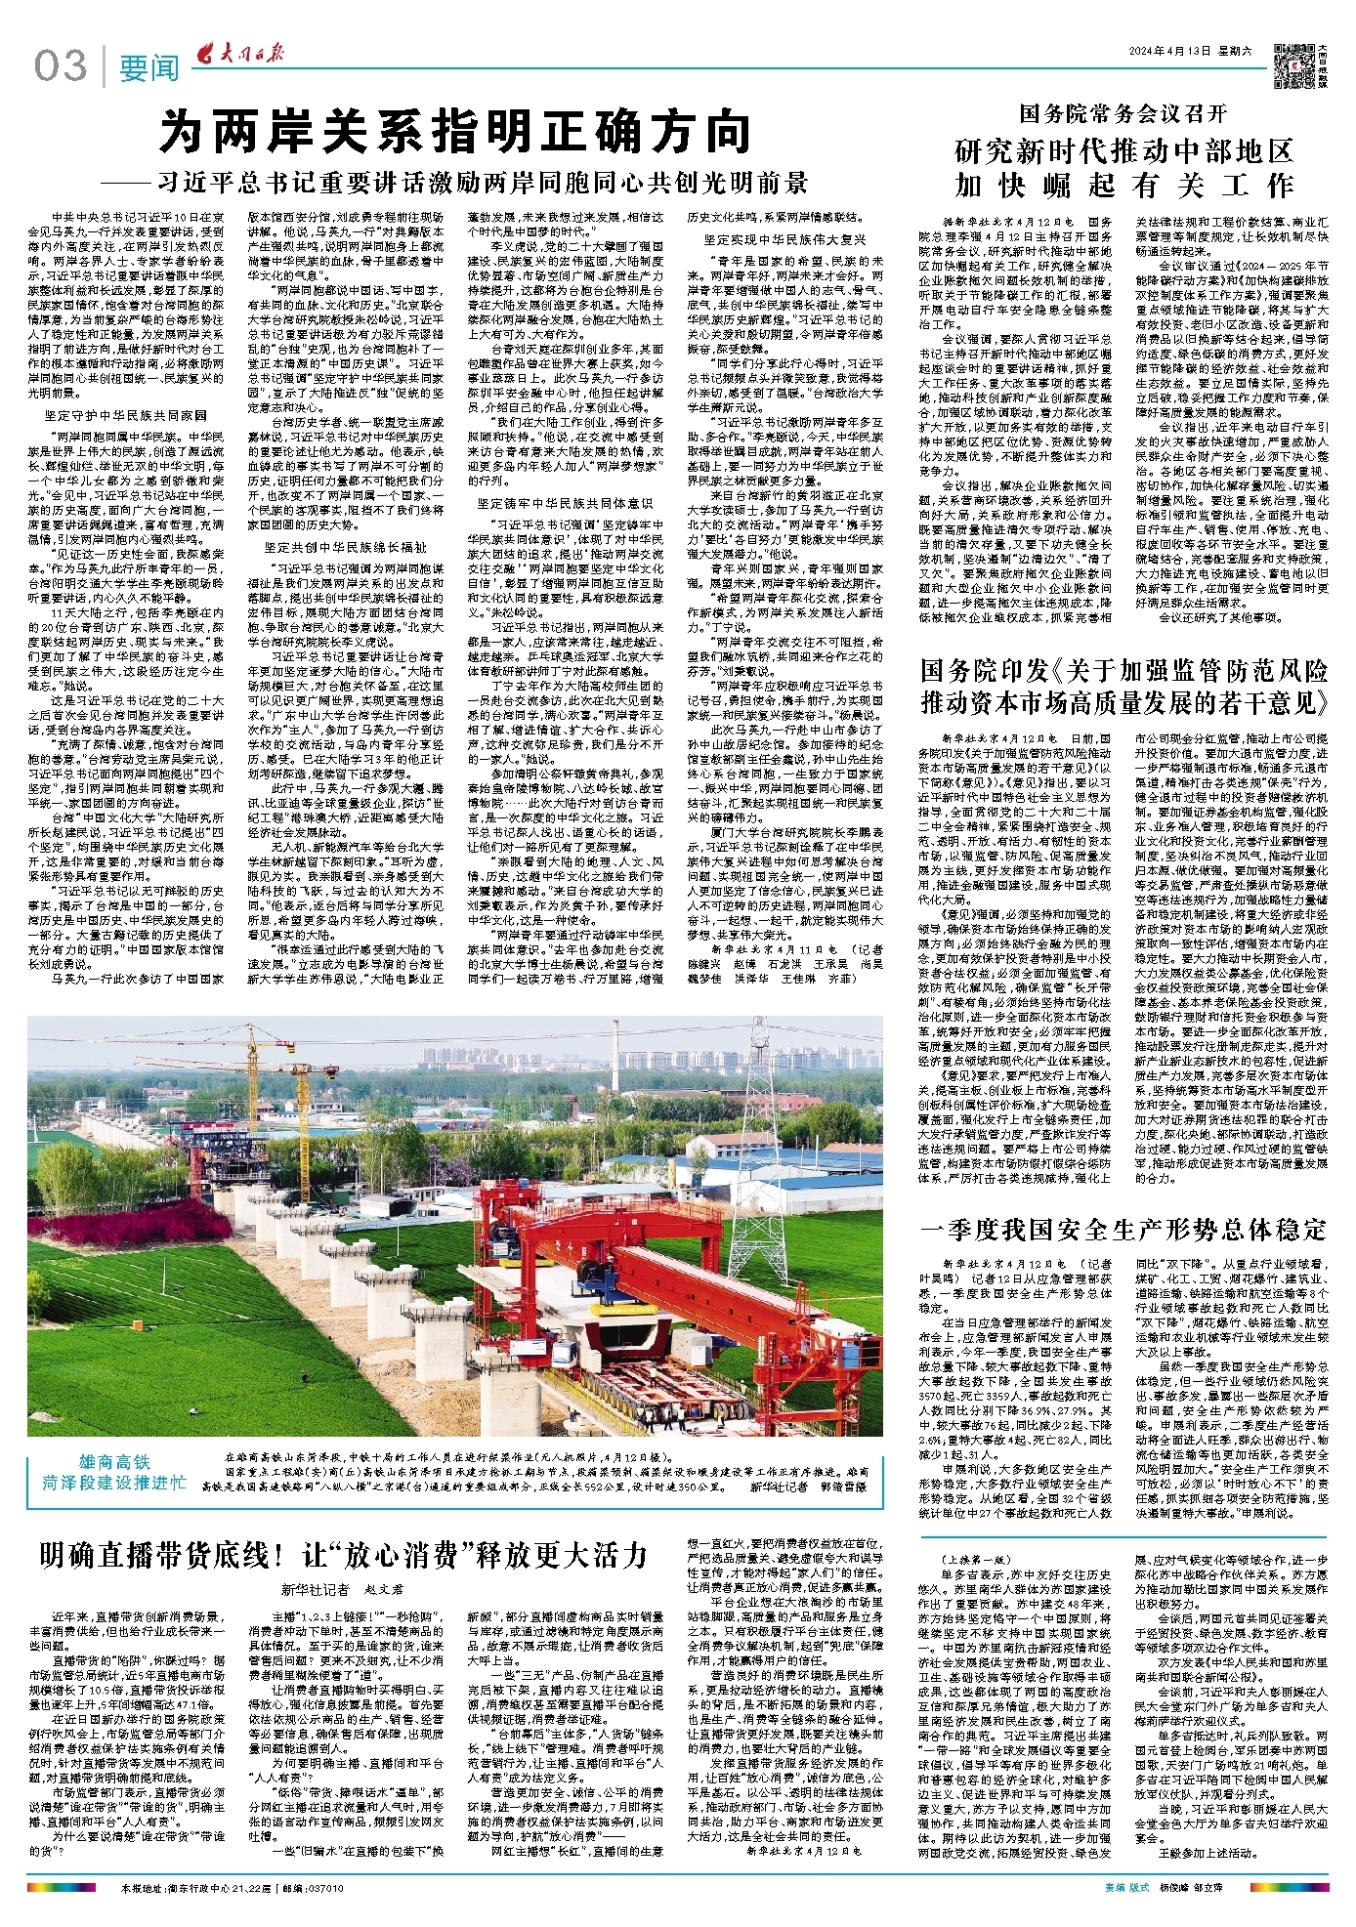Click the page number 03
pyautogui.click(x=61, y=66)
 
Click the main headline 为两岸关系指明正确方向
pyautogui.click(x=455, y=132)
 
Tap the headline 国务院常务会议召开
pyautogui.click(x=1123, y=114)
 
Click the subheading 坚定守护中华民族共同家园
pyautogui.click(x=125, y=414)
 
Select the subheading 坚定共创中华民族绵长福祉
pyautogui.click(x=345, y=547)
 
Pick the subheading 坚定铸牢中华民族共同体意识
pyautogui.click(x=565, y=503)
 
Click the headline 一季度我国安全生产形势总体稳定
pyautogui.click(x=1123, y=1229)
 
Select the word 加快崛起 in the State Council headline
pyautogui.click(x=1039, y=185)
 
